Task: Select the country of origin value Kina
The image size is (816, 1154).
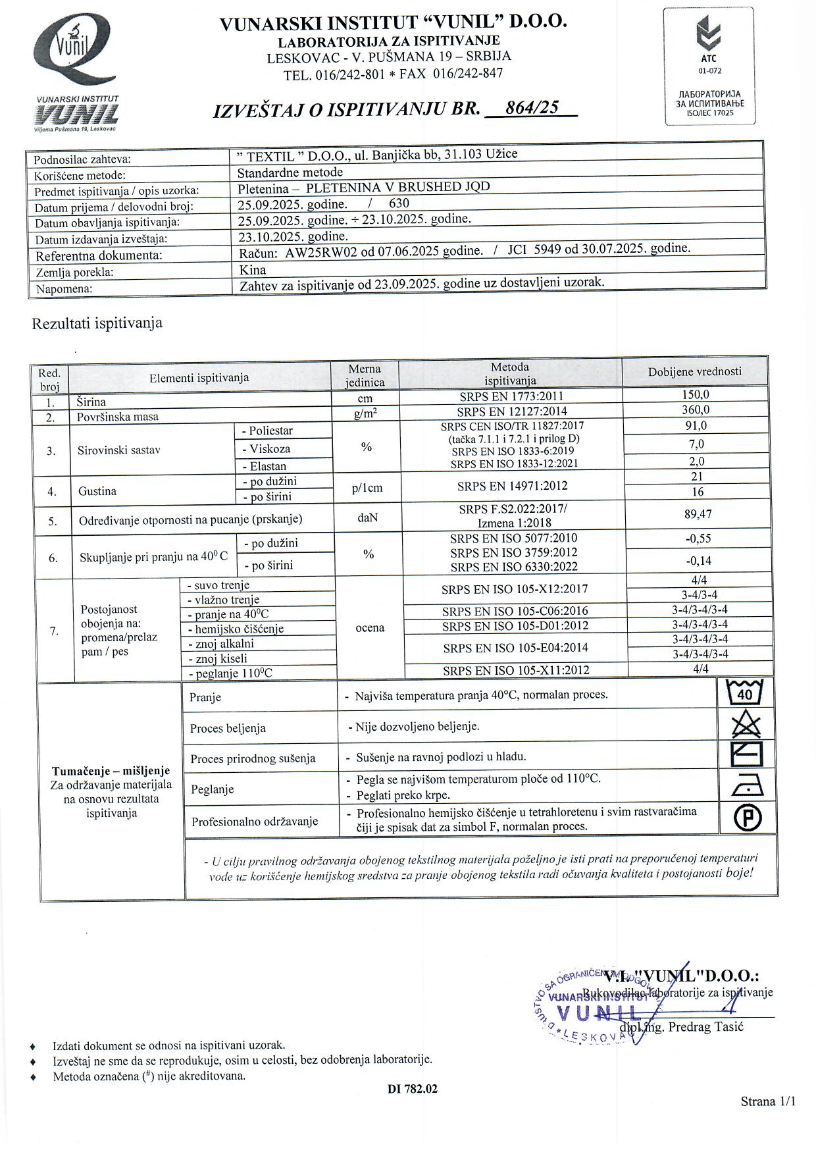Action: point(253,270)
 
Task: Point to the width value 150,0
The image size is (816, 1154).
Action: point(696,395)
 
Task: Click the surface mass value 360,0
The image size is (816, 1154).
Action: point(696,410)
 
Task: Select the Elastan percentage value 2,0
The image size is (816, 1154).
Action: point(696,461)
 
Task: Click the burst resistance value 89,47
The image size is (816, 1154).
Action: point(698,514)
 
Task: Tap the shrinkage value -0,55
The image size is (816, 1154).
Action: point(698,538)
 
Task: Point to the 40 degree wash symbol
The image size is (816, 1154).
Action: point(745,693)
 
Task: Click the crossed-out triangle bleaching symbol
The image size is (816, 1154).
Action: point(746,725)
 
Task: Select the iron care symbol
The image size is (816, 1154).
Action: point(747,785)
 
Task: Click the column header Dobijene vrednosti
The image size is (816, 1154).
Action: point(694,372)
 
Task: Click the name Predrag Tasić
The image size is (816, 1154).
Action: point(705,1027)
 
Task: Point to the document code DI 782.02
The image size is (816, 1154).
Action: point(413,1089)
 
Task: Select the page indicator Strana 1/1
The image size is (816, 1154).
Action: point(768,1101)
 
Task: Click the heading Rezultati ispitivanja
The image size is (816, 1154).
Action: point(97,323)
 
